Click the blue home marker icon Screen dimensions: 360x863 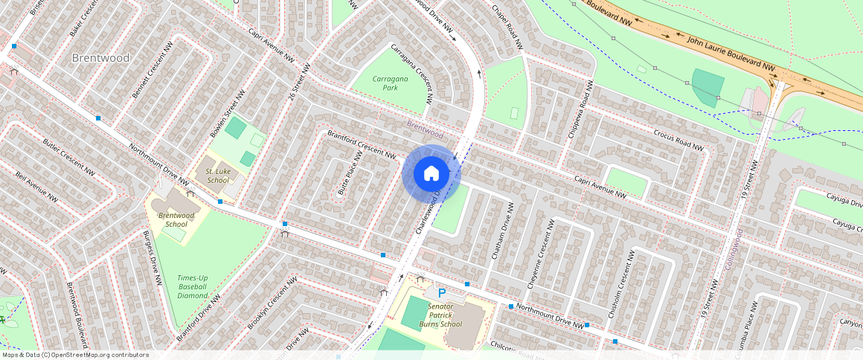click(431, 173)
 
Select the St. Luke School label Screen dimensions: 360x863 click(217, 176)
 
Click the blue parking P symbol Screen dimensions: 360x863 click(441, 294)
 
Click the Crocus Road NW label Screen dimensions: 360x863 click(678, 141)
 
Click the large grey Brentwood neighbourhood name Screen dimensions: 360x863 click(100, 58)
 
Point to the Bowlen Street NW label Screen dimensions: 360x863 click(227, 113)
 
